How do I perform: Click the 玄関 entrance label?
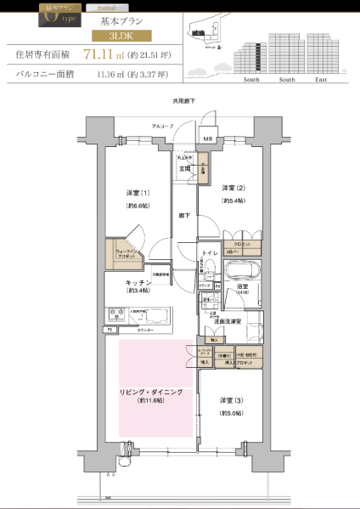click(x=183, y=168)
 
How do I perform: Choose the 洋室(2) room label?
click(x=233, y=188)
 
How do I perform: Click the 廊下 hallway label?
click(x=184, y=216)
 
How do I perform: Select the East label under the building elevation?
click(x=320, y=79)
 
